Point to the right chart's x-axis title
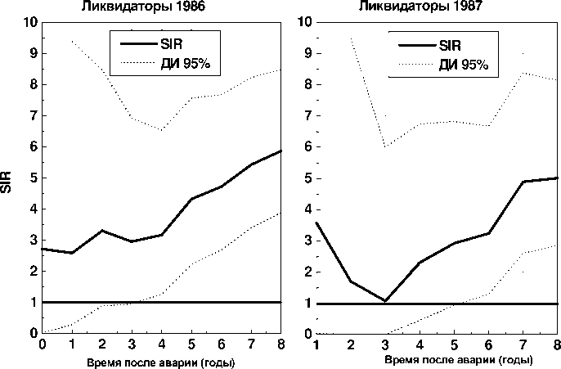coord(438,361)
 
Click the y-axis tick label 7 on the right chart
coord(307,116)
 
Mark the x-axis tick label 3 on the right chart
coord(385,344)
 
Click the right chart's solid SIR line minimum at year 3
coord(385,301)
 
